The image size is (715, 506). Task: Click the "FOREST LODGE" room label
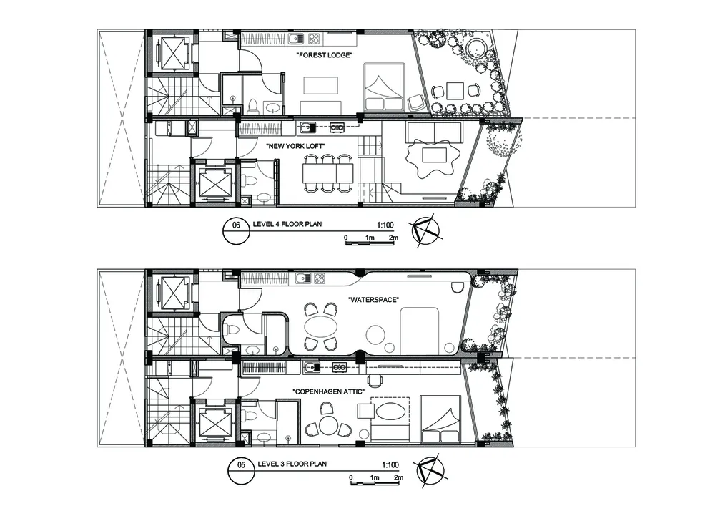click(324, 55)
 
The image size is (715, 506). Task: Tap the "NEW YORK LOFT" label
click(295, 147)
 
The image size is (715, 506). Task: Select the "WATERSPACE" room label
click(373, 300)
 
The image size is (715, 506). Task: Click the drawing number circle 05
click(242, 470)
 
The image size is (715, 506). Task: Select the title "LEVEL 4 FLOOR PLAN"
click(287, 224)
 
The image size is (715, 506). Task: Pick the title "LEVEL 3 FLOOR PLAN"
click(292, 464)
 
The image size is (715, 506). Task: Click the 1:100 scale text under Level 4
click(385, 225)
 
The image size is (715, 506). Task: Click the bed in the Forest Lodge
click(384, 87)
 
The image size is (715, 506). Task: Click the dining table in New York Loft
click(328, 173)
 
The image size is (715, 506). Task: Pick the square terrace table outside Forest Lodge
click(455, 91)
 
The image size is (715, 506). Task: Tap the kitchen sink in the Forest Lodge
click(295, 39)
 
